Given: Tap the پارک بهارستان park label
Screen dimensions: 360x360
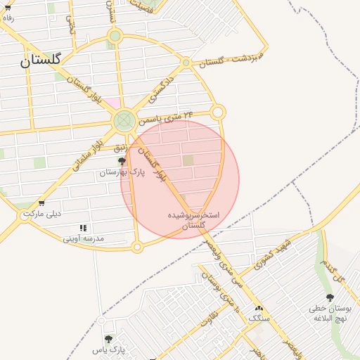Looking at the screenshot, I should click(x=122, y=172).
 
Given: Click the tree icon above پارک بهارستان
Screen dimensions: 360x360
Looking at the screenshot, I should click(x=122, y=162).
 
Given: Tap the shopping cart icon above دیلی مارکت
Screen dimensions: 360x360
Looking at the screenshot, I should click(x=42, y=202).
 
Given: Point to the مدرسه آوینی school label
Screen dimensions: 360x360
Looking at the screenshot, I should click(x=83, y=238).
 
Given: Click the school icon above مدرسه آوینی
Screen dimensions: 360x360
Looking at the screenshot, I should click(x=84, y=228).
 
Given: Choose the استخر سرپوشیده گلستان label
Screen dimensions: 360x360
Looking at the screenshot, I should click(x=193, y=219).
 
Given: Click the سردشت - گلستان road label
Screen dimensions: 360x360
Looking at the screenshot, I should click(x=231, y=58).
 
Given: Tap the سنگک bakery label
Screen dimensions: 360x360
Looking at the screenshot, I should click(x=258, y=318).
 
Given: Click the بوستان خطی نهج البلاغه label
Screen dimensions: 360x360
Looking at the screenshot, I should click(x=330, y=313).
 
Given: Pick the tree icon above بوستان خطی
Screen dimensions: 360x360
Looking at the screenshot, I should click(x=330, y=298).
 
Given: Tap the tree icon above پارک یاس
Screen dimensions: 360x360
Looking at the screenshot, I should click(x=108, y=339).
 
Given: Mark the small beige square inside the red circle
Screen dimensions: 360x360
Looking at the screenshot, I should click(x=188, y=160).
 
